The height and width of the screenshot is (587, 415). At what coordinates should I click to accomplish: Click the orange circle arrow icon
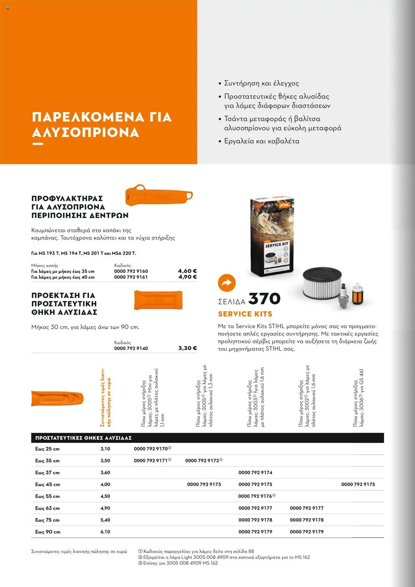pyautogui.click(x=227, y=282)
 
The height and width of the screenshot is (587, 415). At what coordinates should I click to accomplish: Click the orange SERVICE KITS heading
pyautogui.click(x=245, y=314)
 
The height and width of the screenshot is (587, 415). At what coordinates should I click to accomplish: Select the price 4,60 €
pyautogui.click(x=187, y=271)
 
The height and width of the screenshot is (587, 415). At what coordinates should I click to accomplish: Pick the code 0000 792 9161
pyautogui.click(x=131, y=277)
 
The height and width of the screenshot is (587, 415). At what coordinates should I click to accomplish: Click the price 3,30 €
pyautogui.click(x=187, y=348)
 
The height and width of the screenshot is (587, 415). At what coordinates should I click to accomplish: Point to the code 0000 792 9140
pyautogui.click(x=131, y=349)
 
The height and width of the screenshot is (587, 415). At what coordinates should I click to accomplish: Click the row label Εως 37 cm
pyautogui.click(x=47, y=473)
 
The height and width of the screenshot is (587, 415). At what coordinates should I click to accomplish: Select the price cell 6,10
pyautogui.click(x=105, y=532)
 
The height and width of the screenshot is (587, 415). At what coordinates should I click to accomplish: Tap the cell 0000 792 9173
pyautogui.click(x=204, y=485)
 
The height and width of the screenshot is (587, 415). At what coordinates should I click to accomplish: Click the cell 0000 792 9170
pyautogui.click(x=151, y=449)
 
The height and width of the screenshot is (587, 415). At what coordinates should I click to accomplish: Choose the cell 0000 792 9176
pyautogui.click(x=255, y=496)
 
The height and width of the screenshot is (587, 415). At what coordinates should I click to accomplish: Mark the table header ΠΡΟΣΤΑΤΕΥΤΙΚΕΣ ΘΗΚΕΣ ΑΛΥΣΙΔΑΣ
pyautogui.click(x=83, y=438)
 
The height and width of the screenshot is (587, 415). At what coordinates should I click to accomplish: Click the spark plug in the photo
pyautogui.click(x=342, y=295)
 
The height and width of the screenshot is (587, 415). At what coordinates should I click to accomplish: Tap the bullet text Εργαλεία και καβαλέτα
pyautogui.click(x=261, y=141)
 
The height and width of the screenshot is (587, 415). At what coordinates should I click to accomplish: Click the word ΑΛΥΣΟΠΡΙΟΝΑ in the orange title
pyautogui.click(x=86, y=133)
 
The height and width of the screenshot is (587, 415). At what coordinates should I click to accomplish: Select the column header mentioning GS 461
pyautogui.click(x=359, y=397)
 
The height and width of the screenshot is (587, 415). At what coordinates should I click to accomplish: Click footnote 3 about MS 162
pyautogui.click(x=178, y=563)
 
